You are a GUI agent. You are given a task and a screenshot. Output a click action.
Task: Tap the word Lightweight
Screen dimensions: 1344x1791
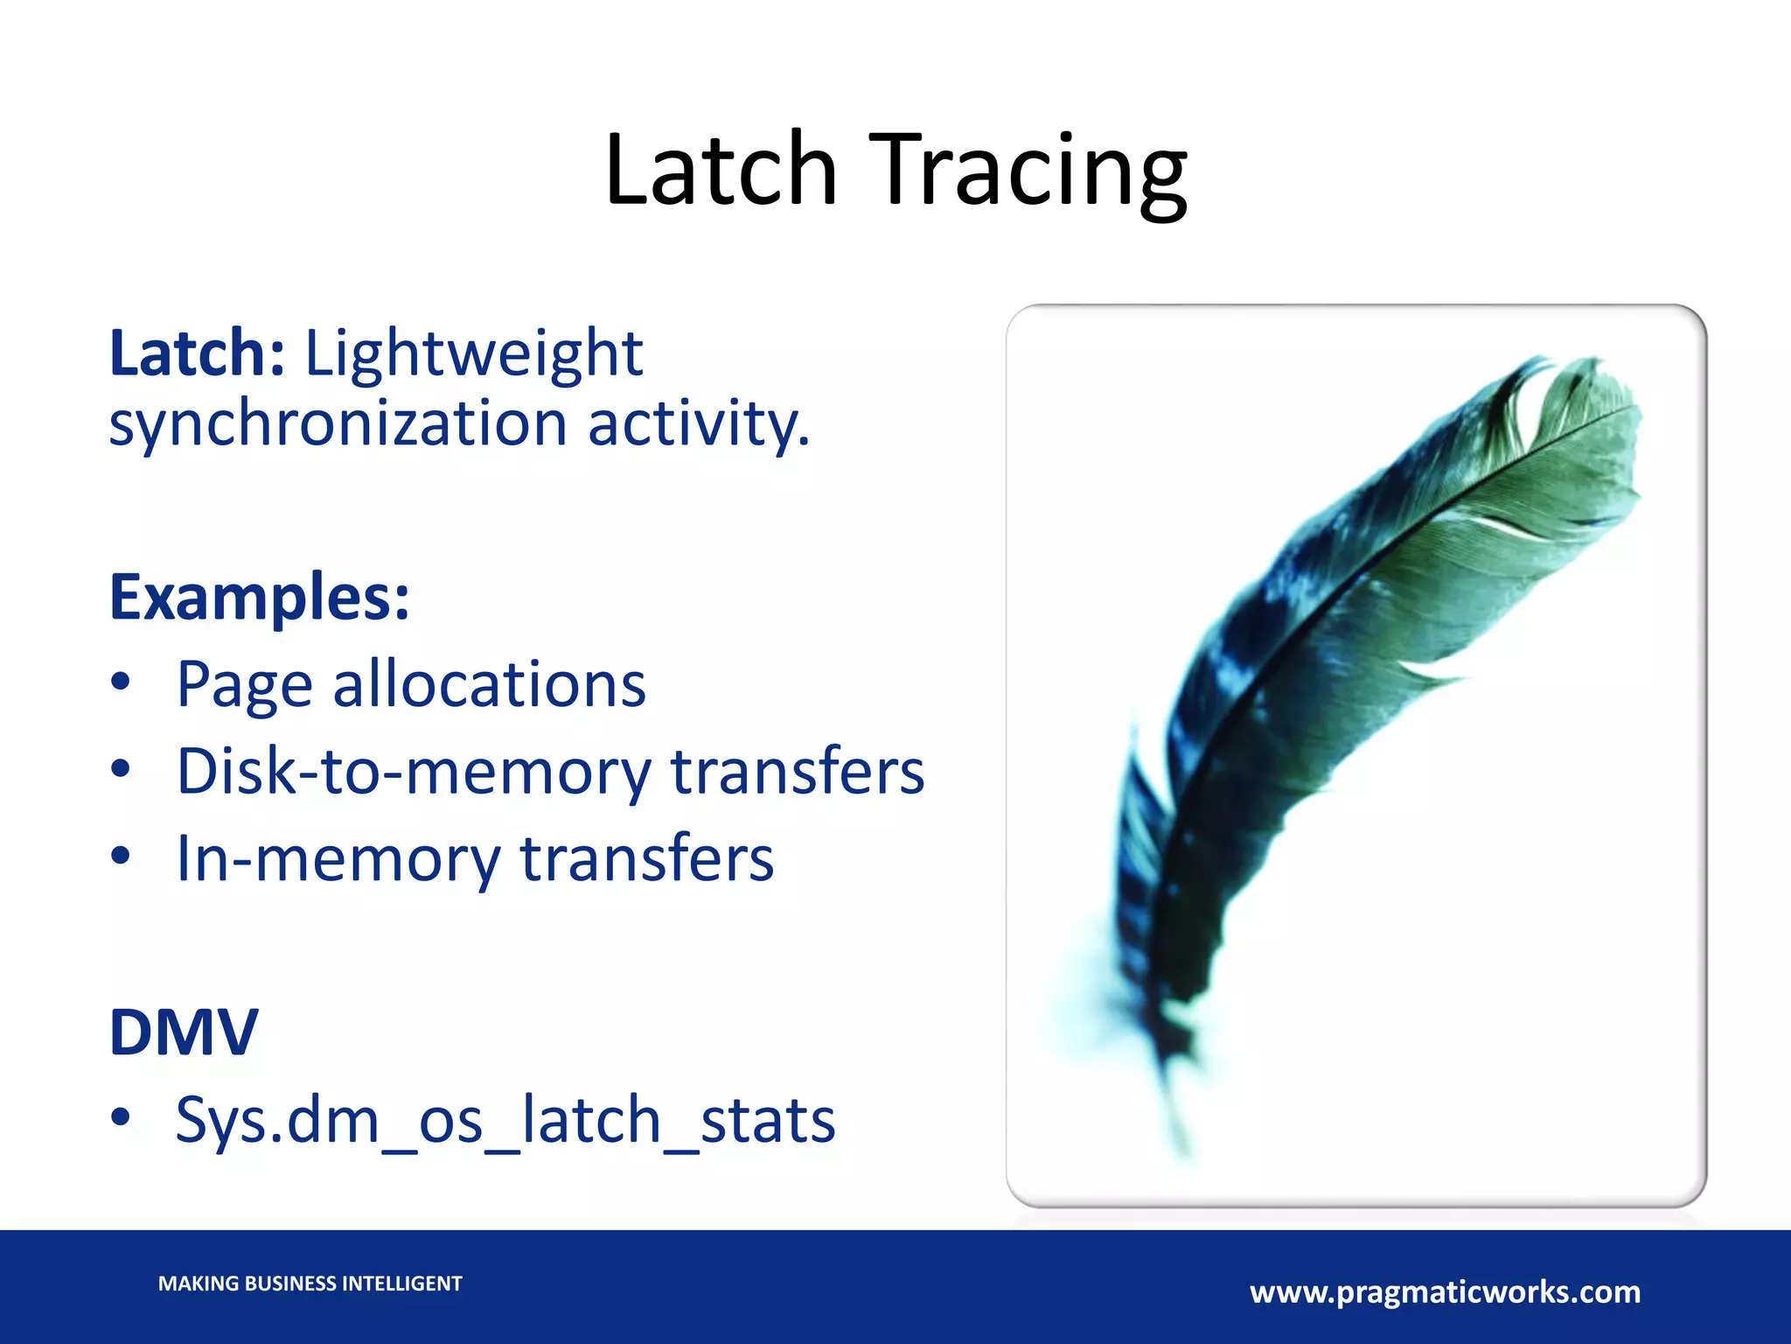(x=473, y=354)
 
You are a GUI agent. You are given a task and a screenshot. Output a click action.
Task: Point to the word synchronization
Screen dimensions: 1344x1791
(x=338, y=423)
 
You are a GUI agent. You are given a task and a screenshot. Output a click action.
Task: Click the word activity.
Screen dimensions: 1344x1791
(x=698, y=423)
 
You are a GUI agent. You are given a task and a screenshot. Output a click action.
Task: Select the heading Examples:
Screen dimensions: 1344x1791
(x=259, y=597)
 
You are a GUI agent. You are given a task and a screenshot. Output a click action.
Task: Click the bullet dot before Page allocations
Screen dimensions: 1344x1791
(x=121, y=681)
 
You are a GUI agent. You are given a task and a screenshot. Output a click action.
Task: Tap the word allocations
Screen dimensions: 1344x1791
(x=489, y=683)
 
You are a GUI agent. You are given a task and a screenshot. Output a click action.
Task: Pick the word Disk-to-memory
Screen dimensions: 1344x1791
(x=414, y=771)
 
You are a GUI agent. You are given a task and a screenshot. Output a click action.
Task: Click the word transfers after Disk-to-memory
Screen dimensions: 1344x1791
(x=797, y=771)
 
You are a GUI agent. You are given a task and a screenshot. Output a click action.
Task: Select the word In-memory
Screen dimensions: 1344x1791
(x=338, y=858)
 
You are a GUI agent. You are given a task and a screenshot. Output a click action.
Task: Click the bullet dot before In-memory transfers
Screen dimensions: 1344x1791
(x=121, y=856)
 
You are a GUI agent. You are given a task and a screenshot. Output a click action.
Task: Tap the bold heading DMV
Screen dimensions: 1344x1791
(x=184, y=1032)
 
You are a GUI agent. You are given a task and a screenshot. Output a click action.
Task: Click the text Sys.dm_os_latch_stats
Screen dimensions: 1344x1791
(x=505, y=1119)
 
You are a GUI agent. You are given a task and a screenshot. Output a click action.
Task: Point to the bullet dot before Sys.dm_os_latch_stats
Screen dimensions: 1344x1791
(x=121, y=1116)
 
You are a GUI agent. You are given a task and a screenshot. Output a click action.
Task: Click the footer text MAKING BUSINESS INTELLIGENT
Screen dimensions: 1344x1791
(x=310, y=1284)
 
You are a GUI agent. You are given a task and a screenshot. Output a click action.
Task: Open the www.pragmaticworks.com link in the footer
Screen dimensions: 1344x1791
(x=1445, y=1291)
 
